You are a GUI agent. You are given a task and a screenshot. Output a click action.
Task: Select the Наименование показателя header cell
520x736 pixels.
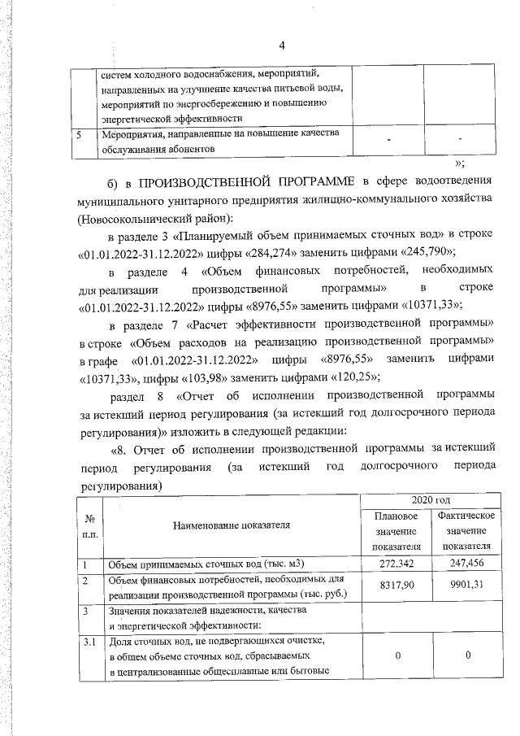[232, 525]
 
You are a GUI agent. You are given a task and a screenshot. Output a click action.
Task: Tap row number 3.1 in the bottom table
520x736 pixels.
[89, 642]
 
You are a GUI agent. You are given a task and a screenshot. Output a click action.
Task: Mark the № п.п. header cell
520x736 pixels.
[88, 525]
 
